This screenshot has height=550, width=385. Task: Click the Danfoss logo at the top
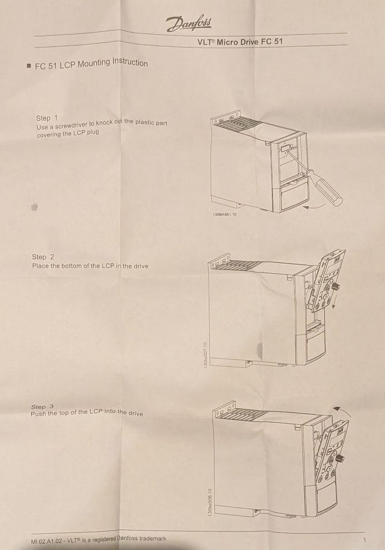click(x=189, y=23)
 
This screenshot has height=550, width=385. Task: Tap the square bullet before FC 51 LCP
click(x=29, y=66)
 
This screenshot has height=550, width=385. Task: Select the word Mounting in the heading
click(x=94, y=63)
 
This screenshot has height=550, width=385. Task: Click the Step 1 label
click(x=47, y=118)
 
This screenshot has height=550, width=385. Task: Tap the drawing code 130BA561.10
click(x=224, y=214)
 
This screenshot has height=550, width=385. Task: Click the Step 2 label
click(x=43, y=257)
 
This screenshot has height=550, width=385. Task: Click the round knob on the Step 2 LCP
click(x=336, y=287)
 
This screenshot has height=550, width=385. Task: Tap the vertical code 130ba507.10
click(x=206, y=355)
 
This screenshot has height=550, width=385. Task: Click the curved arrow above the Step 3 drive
click(x=341, y=410)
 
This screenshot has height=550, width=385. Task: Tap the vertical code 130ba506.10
click(x=210, y=502)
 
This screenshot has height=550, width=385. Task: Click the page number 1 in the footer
click(x=364, y=540)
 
